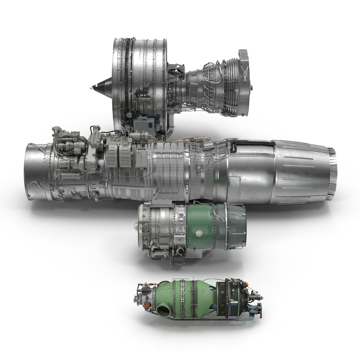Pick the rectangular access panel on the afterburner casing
235,183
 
